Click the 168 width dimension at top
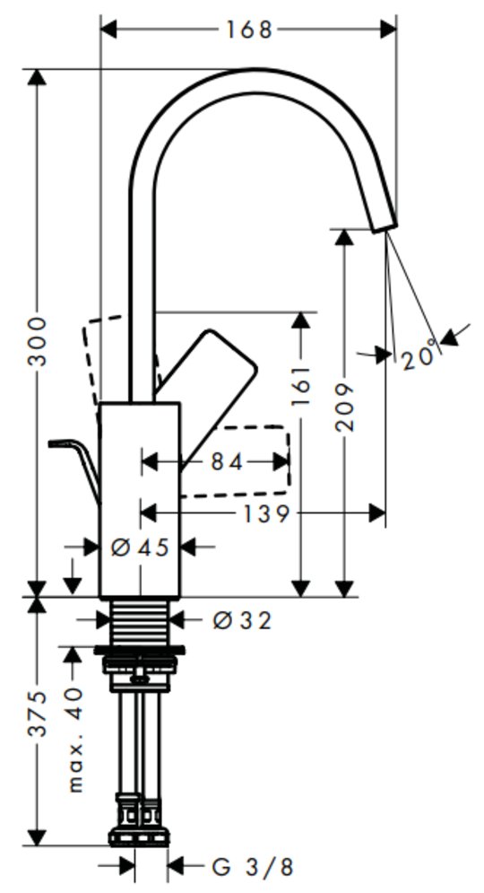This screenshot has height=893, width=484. pyautogui.click(x=249, y=29)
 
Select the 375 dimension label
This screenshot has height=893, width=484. pyautogui.click(x=38, y=714)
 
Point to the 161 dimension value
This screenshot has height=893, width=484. pyautogui.click(x=301, y=386)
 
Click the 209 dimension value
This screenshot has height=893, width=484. pyautogui.click(x=344, y=407)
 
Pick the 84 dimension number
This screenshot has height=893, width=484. pyautogui.click(x=227, y=462)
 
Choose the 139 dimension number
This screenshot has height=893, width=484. pyautogui.click(x=266, y=513)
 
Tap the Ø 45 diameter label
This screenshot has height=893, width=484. pyautogui.click(x=140, y=547)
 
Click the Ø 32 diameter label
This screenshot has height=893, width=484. pyautogui.click(x=242, y=620)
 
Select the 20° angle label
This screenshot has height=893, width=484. pyautogui.click(x=419, y=358)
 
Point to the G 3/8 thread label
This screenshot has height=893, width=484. pyautogui.click(x=253, y=867)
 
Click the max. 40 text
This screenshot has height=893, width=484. pyautogui.click(x=74, y=740)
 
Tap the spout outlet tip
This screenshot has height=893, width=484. pyautogui.click(x=385, y=227)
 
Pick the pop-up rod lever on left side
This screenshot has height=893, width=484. pyautogui.click(x=74, y=464)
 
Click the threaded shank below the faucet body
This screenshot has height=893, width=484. pyautogui.click(x=140, y=623)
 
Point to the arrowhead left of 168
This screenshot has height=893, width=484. pyautogui.click(x=108, y=29)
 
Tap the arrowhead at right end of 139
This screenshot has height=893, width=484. pyautogui.click(x=376, y=513)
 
